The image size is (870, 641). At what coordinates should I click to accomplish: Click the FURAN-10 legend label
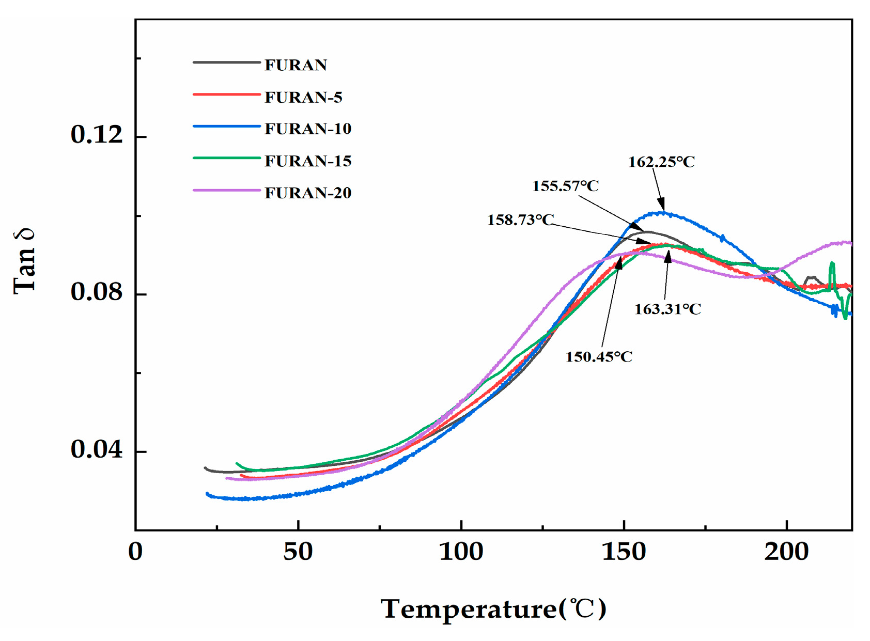click(x=308, y=129)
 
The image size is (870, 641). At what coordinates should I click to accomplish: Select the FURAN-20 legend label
click(x=308, y=193)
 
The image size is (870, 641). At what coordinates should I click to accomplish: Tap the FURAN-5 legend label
click(x=303, y=97)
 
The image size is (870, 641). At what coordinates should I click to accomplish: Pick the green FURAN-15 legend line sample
click(x=226, y=158)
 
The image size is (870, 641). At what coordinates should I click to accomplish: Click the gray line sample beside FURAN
click(x=226, y=62)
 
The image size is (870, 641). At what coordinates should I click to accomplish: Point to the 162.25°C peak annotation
click(x=661, y=162)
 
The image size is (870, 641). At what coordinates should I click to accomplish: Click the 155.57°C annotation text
click(x=565, y=185)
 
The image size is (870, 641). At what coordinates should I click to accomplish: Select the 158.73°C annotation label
click(x=520, y=220)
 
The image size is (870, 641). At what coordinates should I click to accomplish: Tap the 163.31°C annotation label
click(x=667, y=309)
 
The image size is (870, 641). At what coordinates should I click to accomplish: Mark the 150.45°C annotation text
click(x=599, y=356)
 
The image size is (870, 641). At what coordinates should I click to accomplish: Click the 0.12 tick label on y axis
click(x=97, y=135)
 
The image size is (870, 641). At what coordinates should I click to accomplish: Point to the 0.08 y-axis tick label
click(x=97, y=292)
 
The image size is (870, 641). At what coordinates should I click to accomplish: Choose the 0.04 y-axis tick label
click(x=97, y=449)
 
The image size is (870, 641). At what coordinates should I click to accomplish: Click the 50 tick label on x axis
click(x=298, y=552)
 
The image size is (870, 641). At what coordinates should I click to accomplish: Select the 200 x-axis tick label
click(x=786, y=552)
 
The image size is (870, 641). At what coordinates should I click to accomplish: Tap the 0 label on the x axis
click(x=135, y=552)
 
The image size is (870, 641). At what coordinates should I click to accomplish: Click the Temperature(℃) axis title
click(x=493, y=609)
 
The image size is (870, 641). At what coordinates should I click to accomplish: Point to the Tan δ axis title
click(x=24, y=261)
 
